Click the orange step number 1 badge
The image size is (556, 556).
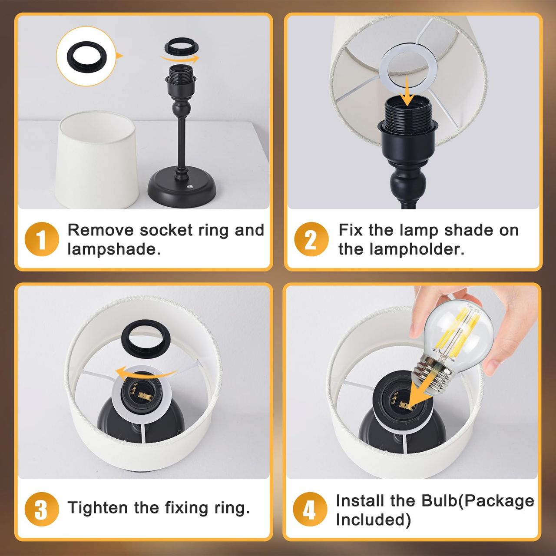pos(42,239)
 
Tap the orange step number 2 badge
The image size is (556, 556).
pos(311,239)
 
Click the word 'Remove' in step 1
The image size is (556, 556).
pos(101,230)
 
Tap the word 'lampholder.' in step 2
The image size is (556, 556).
pos(401,249)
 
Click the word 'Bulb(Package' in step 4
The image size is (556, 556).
pos(477,501)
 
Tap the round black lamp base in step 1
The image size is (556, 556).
pos(182,189)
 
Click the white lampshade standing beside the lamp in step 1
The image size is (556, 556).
pos(97,160)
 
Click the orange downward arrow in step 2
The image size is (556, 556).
pos(408,91)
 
